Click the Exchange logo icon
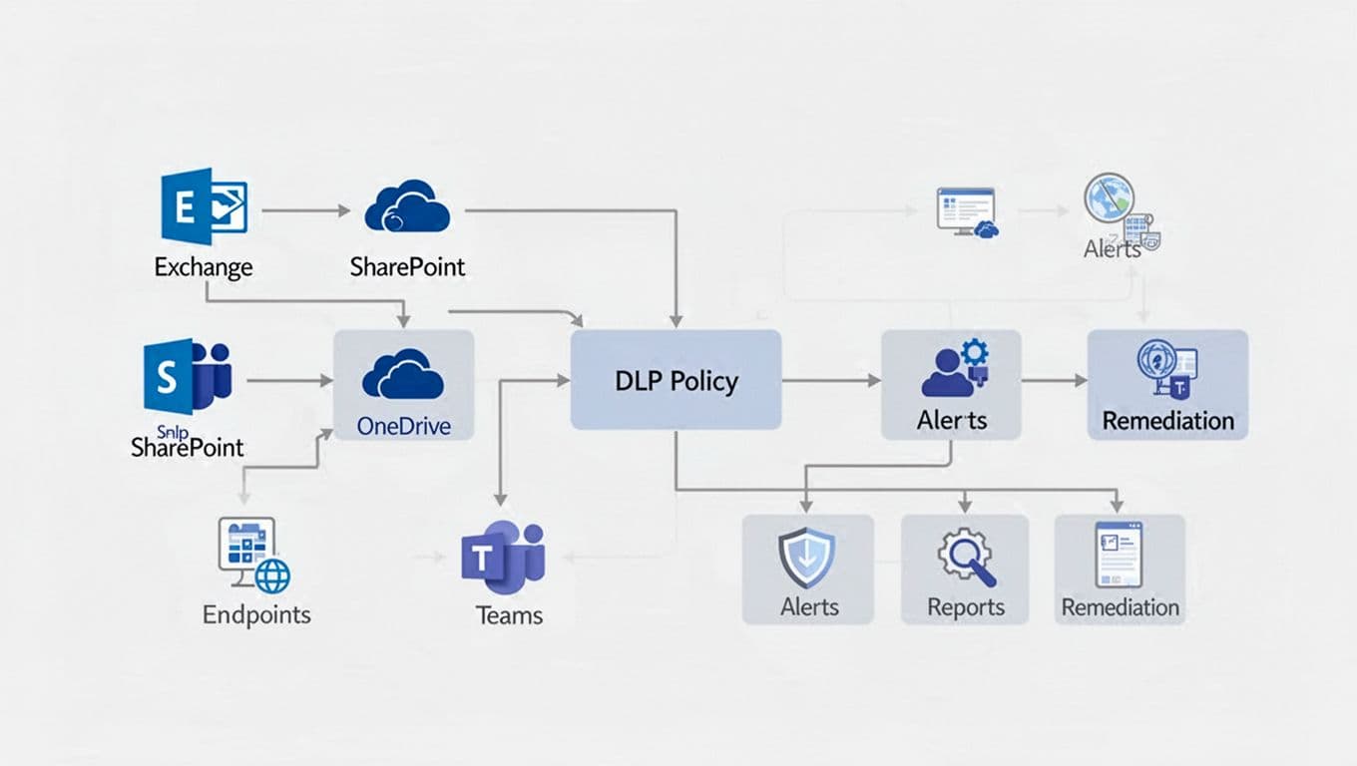pyautogui.click(x=204, y=205)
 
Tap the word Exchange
pyautogui.click(x=204, y=267)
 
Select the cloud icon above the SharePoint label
pyautogui.click(x=407, y=206)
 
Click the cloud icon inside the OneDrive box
pyautogui.click(x=403, y=374)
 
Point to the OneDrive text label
pyautogui.click(x=403, y=427)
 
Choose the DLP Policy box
pyautogui.click(x=676, y=380)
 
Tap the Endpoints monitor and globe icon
pyautogui.click(x=253, y=556)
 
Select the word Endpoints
pyautogui.click(x=256, y=614)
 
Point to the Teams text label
pyautogui.click(x=509, y=615)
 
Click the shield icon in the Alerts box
pyautogui.click(x=806, y=559)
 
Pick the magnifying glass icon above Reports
pyautogui.click(x=966, y=559)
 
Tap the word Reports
pyautogui.click(x=965, y=606)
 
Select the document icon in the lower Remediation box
pyautogui.click(x=1119, y=555)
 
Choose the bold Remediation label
pyautogui.click(x=1167, y=420)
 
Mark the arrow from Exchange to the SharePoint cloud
pyautogui.click(x=305, y=211)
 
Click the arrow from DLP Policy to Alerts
pyautogui.click(x=830, y=381)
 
